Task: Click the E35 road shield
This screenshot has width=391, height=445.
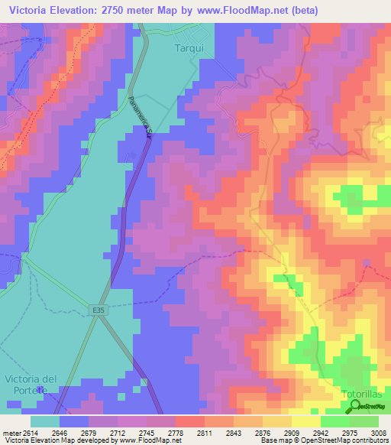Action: [96, 310]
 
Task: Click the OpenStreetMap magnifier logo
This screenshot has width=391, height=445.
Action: [355, 406]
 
